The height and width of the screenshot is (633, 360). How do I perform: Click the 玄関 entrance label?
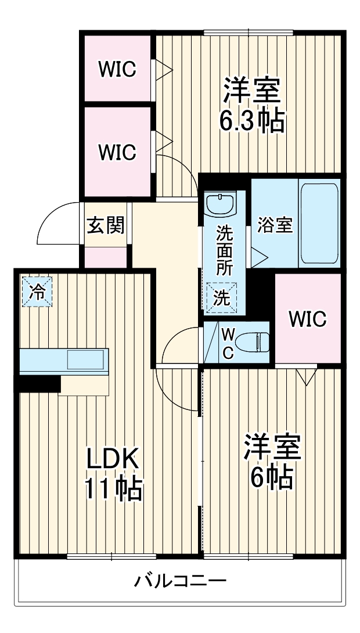(x=106, y=225)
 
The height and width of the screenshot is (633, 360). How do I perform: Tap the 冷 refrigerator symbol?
(x=37, y=292)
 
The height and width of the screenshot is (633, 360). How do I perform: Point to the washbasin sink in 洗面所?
(x=220, y=204)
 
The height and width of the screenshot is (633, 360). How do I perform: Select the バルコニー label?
(x=181, y=581)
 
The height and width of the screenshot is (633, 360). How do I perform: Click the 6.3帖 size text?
(x=251, y=121)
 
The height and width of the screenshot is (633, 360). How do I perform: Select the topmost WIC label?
(x=117, y=70)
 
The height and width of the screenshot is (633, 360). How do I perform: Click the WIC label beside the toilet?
(x=307, y=318)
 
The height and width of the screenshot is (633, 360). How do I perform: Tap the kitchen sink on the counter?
(x=87, y=359)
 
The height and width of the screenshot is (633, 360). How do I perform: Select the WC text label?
(x=228, y=344)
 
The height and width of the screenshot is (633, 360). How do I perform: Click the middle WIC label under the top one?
(x=117, y=152)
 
